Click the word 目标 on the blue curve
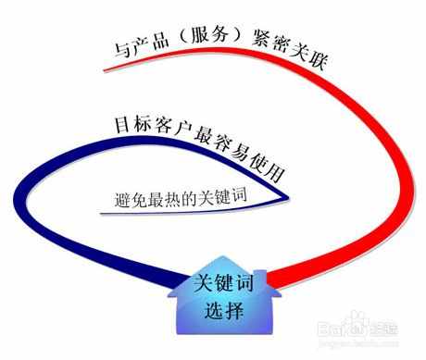pos(127,125)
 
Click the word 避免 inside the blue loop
pos(128,198)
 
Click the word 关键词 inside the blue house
pos(219,283)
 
